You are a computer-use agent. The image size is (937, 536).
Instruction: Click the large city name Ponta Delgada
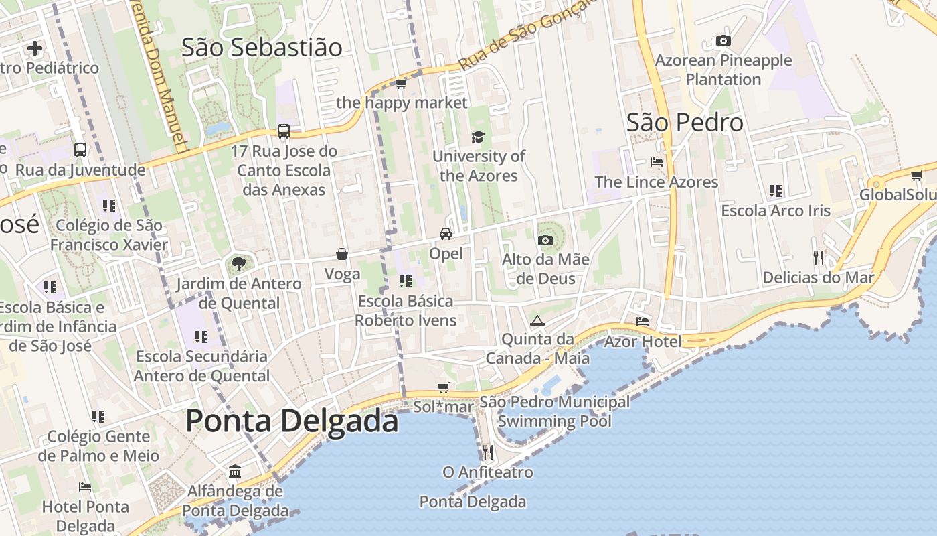292,421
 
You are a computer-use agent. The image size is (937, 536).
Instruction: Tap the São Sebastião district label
262,47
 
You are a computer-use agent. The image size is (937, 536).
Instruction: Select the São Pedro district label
685,122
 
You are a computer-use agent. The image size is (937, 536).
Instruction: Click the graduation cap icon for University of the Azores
478,137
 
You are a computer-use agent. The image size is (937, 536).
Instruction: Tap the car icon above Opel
446,234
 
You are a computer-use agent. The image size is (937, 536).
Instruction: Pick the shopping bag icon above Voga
342,254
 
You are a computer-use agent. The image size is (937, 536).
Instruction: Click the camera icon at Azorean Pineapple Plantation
723,41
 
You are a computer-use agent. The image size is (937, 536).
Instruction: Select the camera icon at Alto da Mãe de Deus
545,240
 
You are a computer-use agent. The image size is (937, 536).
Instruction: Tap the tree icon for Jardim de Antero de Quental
238,264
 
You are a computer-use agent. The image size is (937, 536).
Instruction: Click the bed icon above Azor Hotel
643,322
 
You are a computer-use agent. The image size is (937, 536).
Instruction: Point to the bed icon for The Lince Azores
657,162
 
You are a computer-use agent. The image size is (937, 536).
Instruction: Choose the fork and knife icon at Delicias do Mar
819,258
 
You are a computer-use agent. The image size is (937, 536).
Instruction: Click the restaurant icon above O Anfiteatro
488,452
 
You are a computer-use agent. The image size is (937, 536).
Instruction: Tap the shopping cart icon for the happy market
401,83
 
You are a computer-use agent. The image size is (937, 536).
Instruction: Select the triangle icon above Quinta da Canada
537,320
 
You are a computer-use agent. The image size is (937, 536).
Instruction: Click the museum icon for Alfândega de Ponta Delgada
235,472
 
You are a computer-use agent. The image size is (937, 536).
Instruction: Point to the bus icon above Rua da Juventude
80,150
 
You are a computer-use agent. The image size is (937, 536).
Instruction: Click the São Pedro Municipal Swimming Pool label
555,411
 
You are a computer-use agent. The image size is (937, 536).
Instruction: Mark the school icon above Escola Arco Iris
776,191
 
